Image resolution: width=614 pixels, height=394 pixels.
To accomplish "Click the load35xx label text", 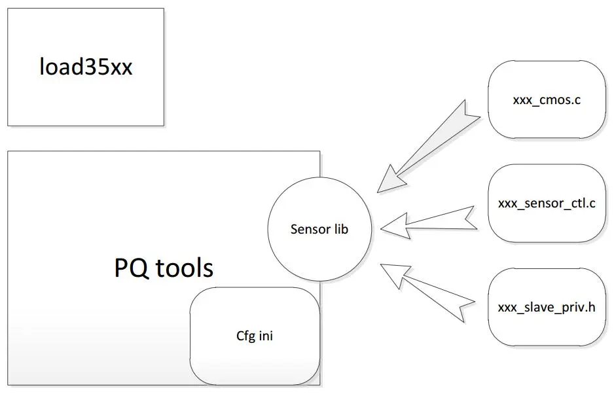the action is tap(86, 66).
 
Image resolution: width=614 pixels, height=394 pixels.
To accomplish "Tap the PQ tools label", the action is tap(164, 268).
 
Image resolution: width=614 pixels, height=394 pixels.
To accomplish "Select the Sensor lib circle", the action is tap(319, 229).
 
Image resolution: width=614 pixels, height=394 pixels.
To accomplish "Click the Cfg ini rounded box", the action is tap(255, 336).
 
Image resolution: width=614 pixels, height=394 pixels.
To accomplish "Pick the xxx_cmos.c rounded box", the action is tap(547, 99).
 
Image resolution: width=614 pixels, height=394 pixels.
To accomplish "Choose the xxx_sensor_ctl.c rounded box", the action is tap(547, 203).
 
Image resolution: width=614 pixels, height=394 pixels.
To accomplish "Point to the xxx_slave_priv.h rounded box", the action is tap(547, 307).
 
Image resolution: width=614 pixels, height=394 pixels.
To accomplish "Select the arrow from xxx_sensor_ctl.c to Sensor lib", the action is tap(428, 222).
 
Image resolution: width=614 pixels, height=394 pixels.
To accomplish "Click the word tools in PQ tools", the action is tap(185, 268).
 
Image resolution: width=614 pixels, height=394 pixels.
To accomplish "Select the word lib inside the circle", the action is tap(341, 228).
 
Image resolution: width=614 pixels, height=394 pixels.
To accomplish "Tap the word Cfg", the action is tap(245, 336).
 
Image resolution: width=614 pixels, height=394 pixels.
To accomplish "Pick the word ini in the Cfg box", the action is tap(266, 336).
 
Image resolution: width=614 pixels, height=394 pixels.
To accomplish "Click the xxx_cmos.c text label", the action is tap(547, 100).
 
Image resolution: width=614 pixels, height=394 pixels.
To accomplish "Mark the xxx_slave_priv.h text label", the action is tap(547, 307).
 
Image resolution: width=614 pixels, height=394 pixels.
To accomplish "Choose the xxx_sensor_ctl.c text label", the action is tap(547, 204).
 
